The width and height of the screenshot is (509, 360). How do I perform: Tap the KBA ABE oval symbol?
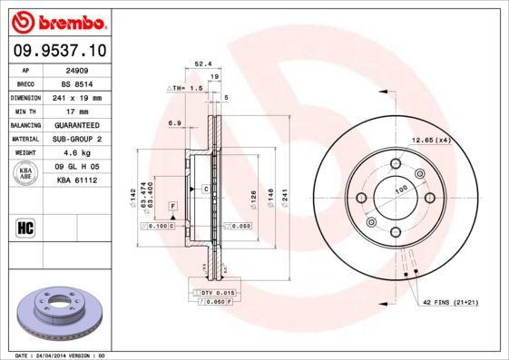coord(26,173)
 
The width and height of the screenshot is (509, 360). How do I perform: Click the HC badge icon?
coord(26,227)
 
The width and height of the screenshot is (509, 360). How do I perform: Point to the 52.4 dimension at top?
coord(202,64)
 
